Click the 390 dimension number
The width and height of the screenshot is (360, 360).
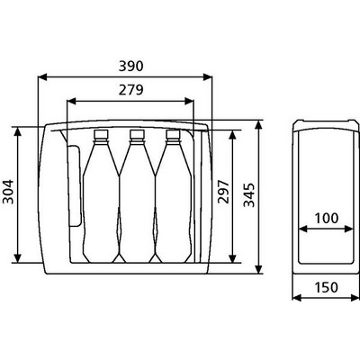point(130,66)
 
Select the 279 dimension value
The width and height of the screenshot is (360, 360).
point(130,90)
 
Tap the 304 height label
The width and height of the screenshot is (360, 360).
point(8,192)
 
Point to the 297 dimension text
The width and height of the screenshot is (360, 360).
point(223,192)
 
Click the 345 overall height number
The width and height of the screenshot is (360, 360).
point(249,195)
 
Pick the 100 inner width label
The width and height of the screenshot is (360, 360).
point(327,218)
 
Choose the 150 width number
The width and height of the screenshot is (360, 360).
point(327,287)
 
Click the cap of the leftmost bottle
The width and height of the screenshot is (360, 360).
point(101,134)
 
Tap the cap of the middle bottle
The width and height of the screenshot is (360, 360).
point(137,134)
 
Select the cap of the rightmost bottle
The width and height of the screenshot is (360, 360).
point(173,134)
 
